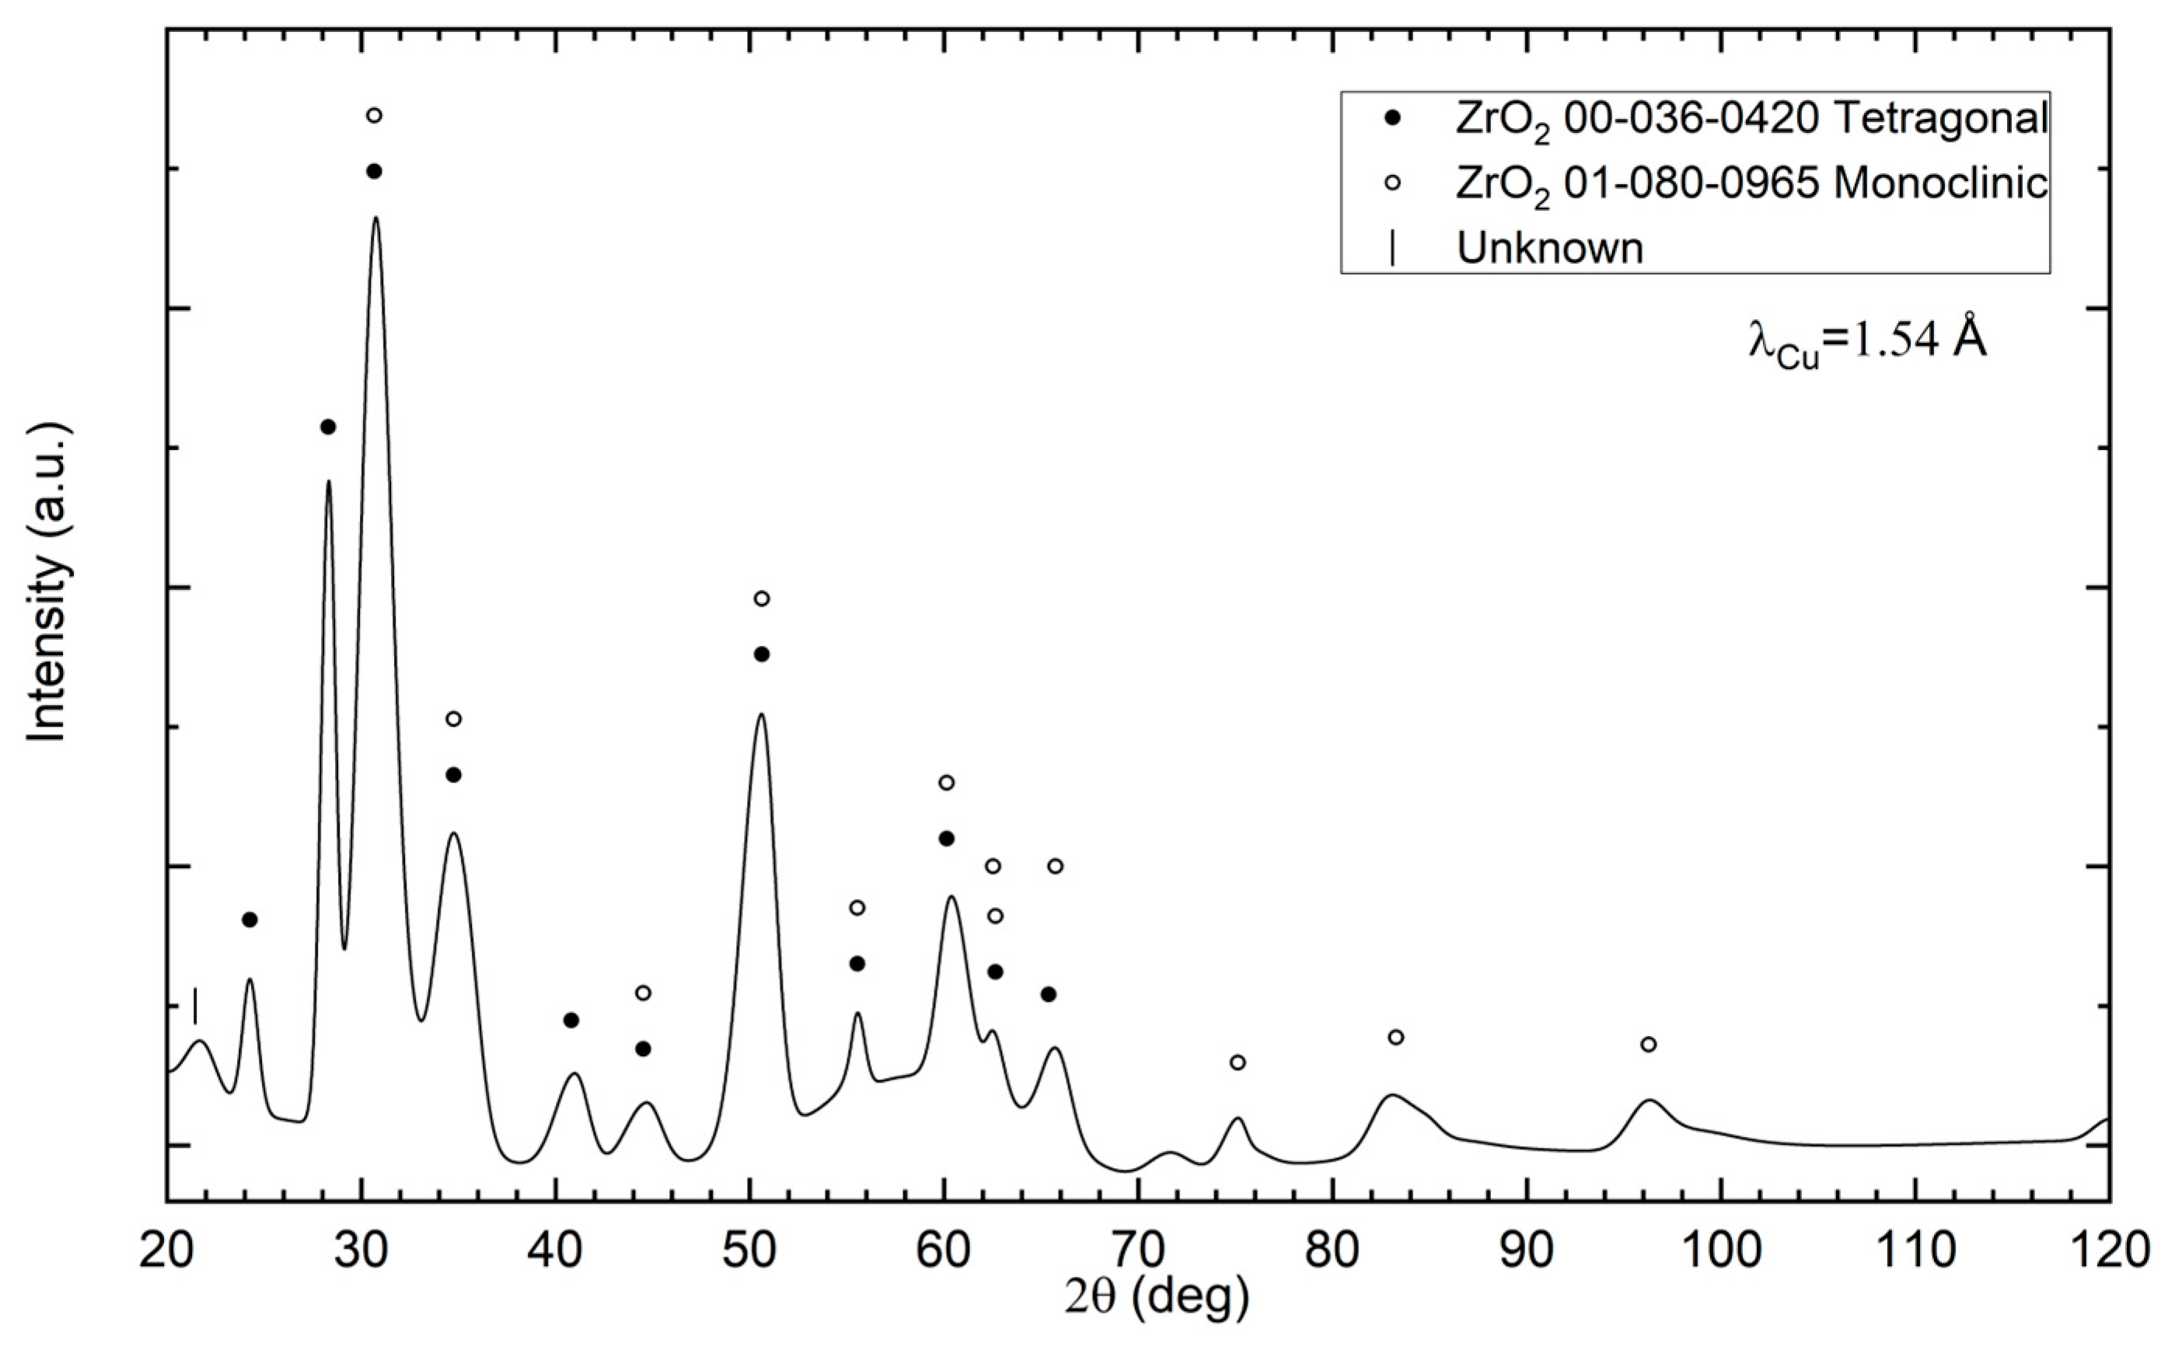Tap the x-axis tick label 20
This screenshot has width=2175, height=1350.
tap(167, 1251)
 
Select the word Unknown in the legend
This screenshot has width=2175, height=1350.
tap(1549, 247)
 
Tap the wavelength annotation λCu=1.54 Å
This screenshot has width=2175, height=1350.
tap(1866, 340)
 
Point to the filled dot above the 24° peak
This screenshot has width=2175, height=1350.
tap(250, 919)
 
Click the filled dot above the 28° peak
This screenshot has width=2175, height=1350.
tap(328, 427)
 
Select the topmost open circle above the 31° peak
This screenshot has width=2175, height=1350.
tap(374, 115)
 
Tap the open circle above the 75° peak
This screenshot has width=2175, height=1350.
tap(1238, 1062)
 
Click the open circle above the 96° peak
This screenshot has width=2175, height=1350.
tap(1649, 1045)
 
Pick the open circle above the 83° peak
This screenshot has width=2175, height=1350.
tap(1396, 1038)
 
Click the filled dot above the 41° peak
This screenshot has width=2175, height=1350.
tap(571, 1020)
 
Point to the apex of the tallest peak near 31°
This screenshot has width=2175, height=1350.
tap(376, 217)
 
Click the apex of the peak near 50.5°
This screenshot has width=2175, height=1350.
tap(761, 714)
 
